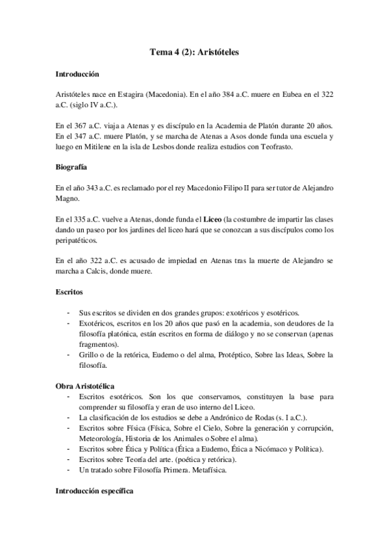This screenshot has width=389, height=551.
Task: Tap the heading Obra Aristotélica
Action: pos(86,386)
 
